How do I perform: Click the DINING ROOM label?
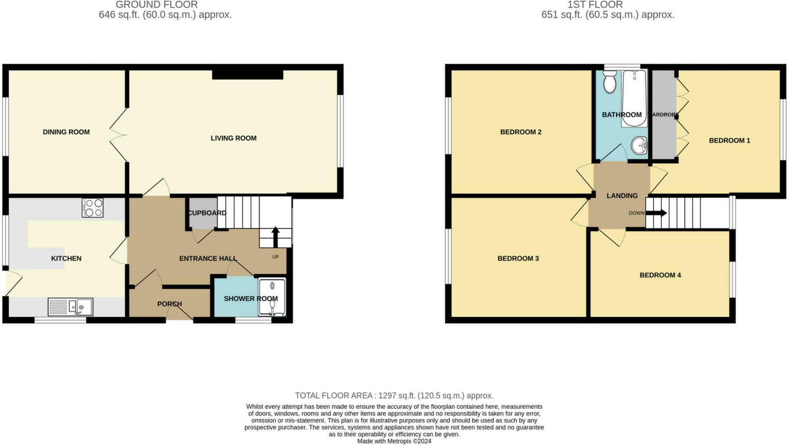point(66,132)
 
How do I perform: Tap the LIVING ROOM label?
point(233,138)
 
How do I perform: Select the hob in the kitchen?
point(92,208)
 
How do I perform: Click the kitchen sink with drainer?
point(70,307)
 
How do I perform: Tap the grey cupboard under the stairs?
point(203,213)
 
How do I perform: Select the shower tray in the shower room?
point(272,297)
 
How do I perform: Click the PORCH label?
point(169,304)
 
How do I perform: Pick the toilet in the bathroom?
point(609,82)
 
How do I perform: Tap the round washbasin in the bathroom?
point(639,145)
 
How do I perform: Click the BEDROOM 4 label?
point(660,275)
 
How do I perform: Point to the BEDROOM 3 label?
point(518,258)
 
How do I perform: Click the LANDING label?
point(622,195)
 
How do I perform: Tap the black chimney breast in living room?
point(248,75)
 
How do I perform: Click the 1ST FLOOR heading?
point(595,5)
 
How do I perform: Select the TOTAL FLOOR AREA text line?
point(394,396)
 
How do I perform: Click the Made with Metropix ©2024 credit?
point(394,441)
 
